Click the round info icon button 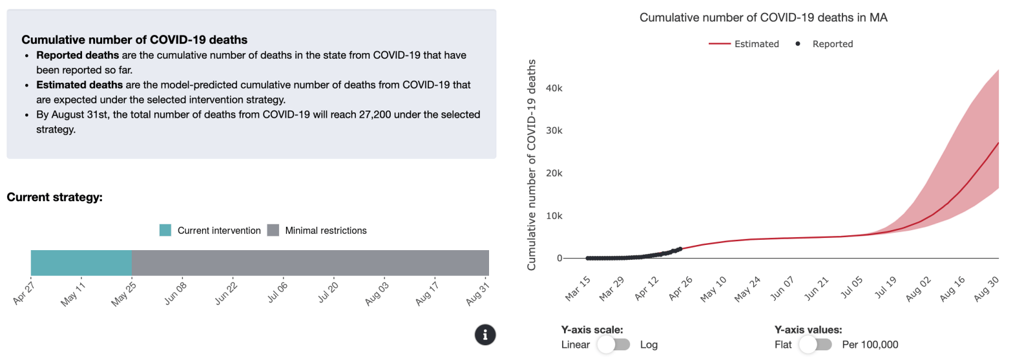tap(485, 334)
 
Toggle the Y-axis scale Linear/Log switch tap(614, 344)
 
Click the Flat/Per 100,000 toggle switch tap(815, 344)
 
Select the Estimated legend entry tap(744, 44)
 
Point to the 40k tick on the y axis tap(554, 88)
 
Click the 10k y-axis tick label tap(554, 215)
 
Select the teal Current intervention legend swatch tap(165, 230)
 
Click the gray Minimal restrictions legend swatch tap(273, 230)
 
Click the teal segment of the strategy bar tap(81, 262)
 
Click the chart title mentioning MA tap(763, 17)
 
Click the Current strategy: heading tap(54, 197)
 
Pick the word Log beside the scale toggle tap(649, 344)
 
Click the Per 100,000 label tap(870, 344)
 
